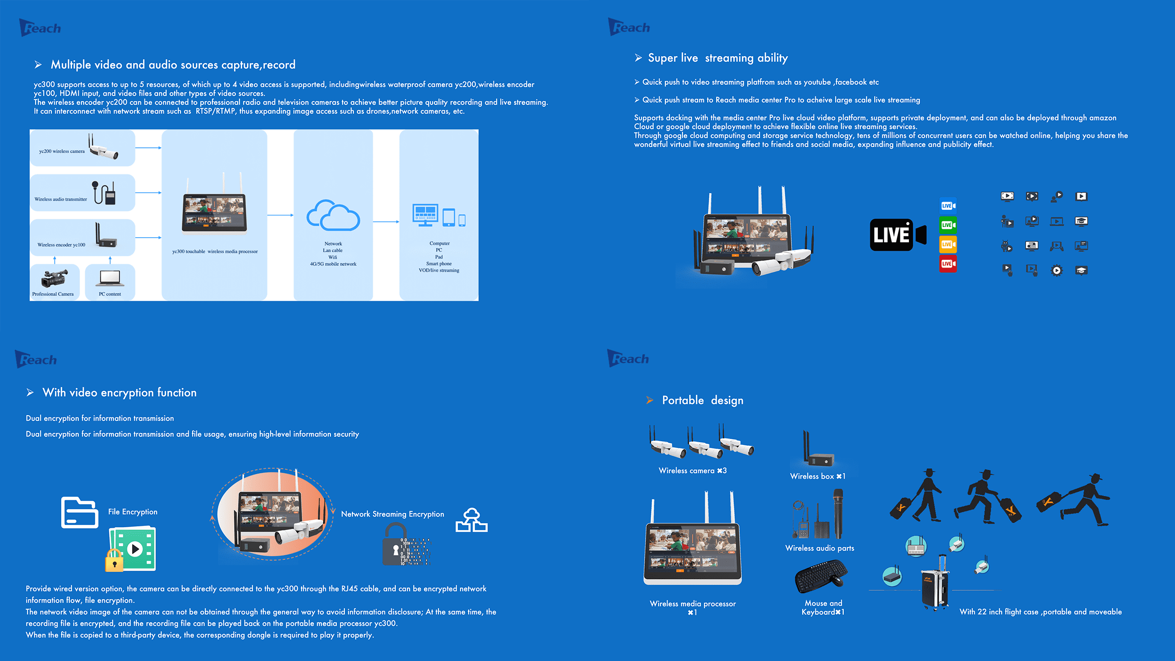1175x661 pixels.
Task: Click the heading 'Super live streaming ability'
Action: tap(718, 58)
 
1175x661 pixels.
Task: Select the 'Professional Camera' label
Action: tap(53, 294)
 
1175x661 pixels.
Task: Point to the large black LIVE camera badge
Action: tap(897, 235)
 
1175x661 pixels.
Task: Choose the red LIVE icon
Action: tap(947, 264)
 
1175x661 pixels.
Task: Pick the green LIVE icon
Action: tap(947, 225)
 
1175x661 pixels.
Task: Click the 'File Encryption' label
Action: tap(133, 512)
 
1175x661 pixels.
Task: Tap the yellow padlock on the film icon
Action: tap(114, 561)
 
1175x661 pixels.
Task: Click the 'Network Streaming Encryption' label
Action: tap(392, 514)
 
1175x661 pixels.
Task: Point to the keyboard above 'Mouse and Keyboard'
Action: tap(820, 576)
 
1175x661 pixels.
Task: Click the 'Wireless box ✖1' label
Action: tap(818, 476)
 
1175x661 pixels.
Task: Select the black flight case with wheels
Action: tap(935, 584)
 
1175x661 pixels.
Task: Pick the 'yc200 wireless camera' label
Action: tap(62, 151)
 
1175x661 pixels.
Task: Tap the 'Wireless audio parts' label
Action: tap(820, 548)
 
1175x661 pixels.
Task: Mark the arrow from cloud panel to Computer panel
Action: tap(385, 222)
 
